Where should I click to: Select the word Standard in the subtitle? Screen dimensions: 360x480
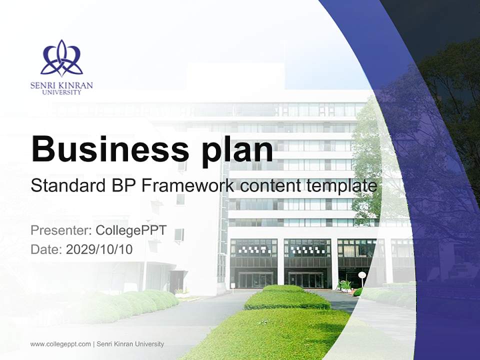click(x=67, y=186)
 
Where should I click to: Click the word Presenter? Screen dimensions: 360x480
click(x=59, y=231)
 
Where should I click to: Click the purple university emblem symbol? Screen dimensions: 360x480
click(x=61, y=58)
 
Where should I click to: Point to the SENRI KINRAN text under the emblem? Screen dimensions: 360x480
click(x=61, y=85)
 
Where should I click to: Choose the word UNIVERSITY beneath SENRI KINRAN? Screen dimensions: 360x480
click(x=61, y=92)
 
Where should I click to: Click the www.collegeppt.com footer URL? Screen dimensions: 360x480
click(x=60, y=344)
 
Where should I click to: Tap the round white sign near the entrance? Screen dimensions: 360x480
click(x=362, y=275)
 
